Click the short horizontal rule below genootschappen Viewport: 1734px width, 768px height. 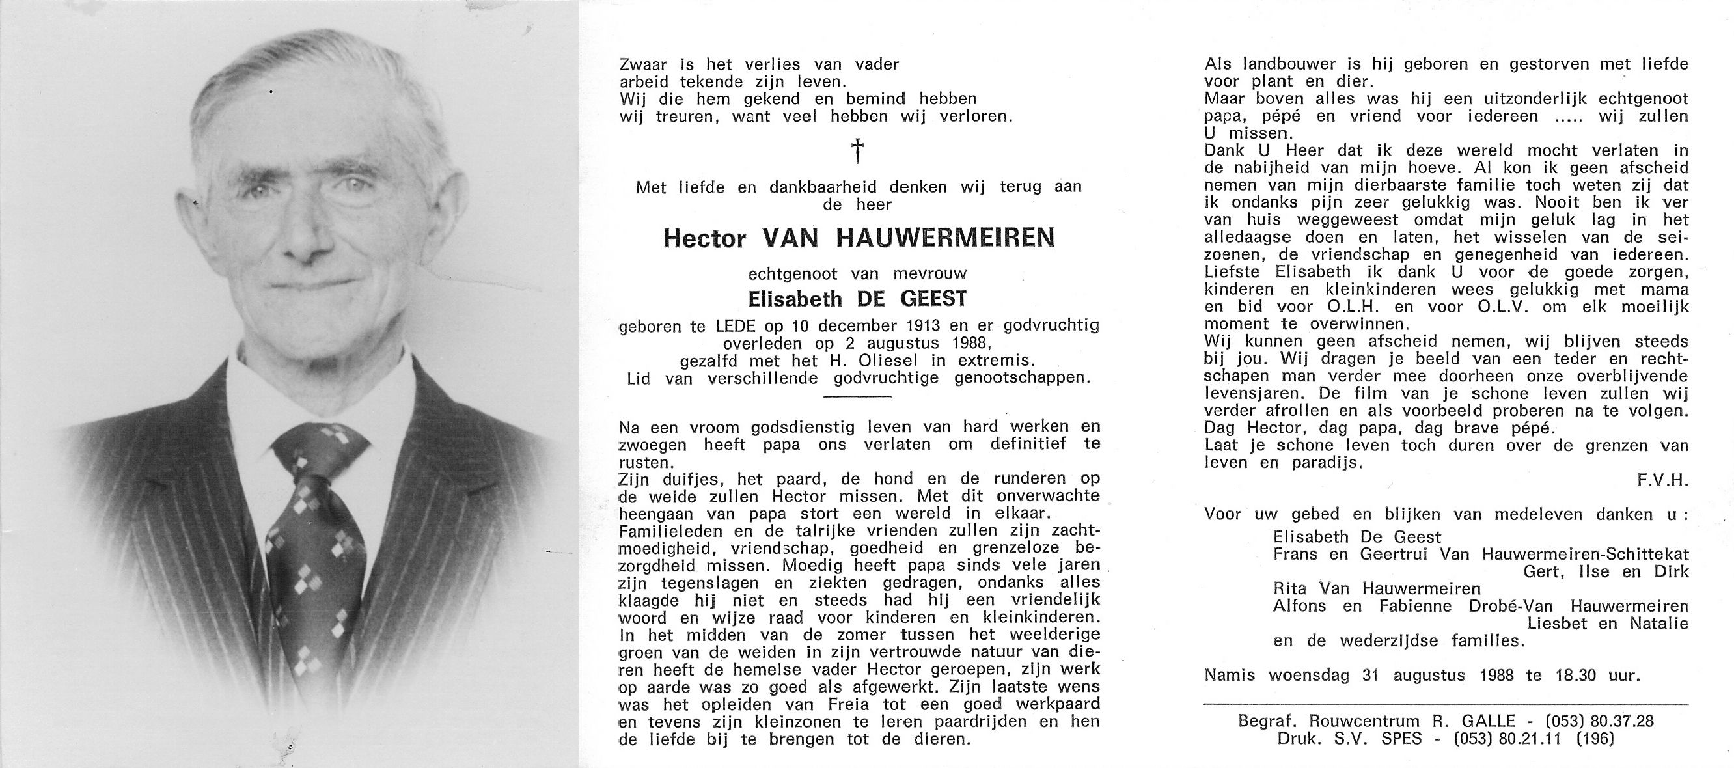coord(857,396)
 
